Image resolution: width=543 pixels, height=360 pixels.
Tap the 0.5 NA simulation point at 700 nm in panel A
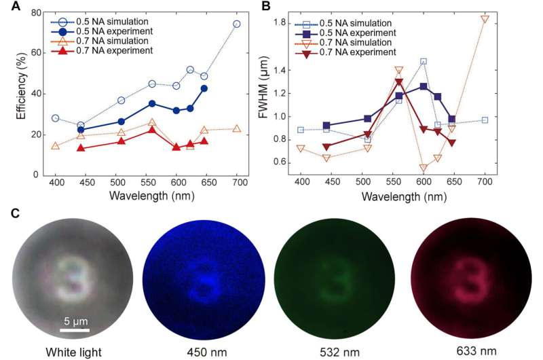pyautogui.click(x=237, y=24)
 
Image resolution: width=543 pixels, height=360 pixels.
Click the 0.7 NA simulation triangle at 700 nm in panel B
pyautogui.click(x=485, y=18)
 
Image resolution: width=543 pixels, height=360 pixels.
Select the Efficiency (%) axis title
pyautogui.click(x=20, y=93)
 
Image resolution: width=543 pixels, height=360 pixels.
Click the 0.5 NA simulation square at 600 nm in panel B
pyautogui.click(x=424, y=61)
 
